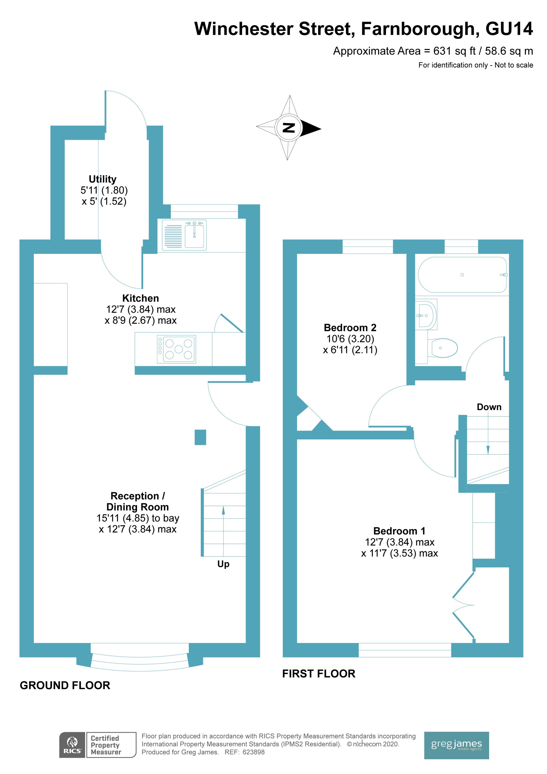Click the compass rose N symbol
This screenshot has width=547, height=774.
click(289, 128)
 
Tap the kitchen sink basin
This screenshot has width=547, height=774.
click(194, 235)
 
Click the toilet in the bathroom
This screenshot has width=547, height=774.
click(443, 347)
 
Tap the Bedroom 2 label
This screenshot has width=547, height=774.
click(350, 328)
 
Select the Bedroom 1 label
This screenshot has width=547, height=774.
click(399, 531)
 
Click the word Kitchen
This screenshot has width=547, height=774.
click(141, 298)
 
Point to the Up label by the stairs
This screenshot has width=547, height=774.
click(223, 564)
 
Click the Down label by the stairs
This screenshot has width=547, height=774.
click(489, 407)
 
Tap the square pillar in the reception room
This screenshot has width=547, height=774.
click(200, 437)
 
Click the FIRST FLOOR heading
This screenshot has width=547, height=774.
click(319, 674)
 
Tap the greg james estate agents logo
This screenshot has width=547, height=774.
click(456, 745)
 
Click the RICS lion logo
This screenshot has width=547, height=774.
click(72, 745)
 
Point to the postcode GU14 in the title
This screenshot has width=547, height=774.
click(509, 29)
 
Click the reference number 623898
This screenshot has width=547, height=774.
click(254, 752)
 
